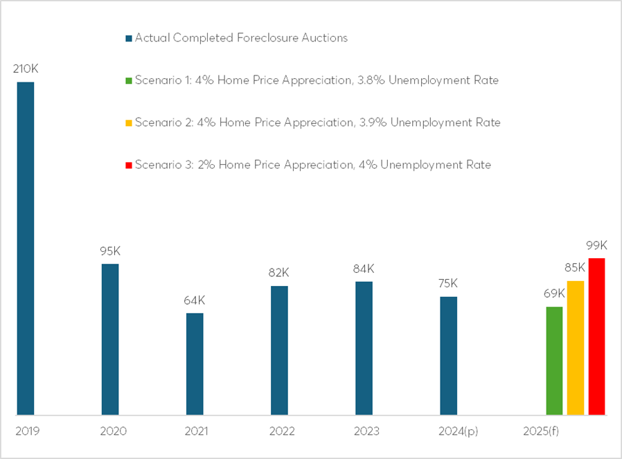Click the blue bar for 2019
(x=26, y=249)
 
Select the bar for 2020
(x=110, y=339)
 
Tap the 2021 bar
(x=195, y=364)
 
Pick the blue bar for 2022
(x=279, y=350)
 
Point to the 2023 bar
(x=364, y=348)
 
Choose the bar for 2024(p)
(x=448, y=356)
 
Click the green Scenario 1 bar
(x=554, y=361)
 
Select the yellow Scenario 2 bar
(x=576, y=348)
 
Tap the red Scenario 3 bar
(x=596, y=336)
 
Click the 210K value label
(x=26, y=69)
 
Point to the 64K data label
(x=195, y=300)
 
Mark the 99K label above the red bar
(x=596, y=246)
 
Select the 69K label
(x=554, y=294)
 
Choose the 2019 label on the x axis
(x=27, y=431)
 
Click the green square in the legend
(x=129, y=80)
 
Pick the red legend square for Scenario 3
(x=129, y=165)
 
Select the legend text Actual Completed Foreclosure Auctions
(x=241, y=37)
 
